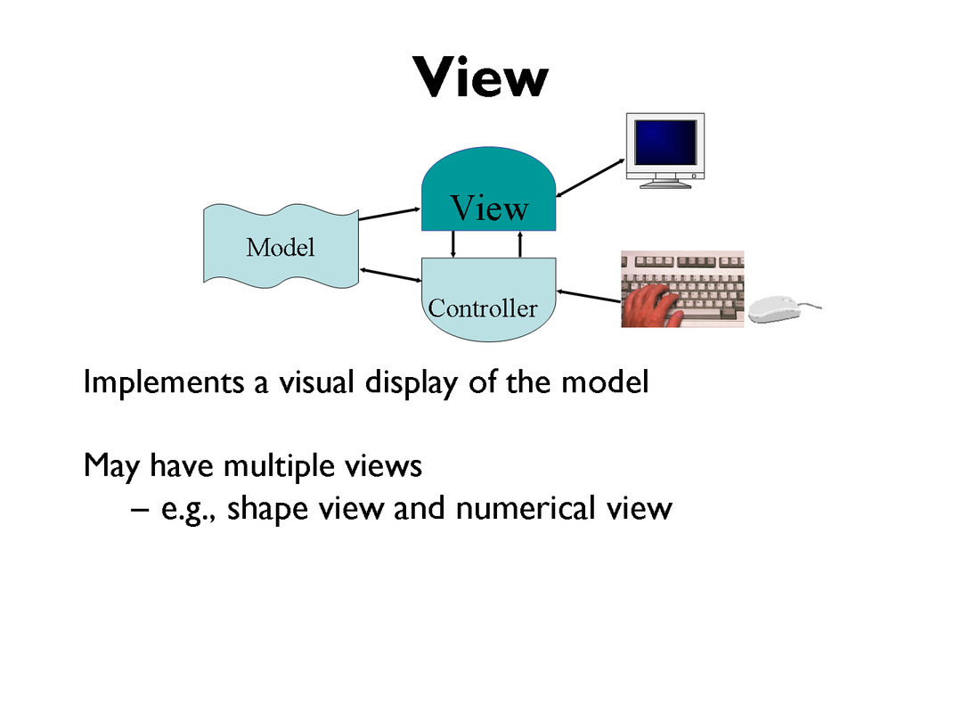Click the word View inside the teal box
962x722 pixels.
click(489, 209)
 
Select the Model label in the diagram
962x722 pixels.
click(281, 247)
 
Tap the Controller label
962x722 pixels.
click(483, 308)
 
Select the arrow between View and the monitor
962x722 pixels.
click(590, 176)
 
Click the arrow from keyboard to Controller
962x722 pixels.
click(588, 296)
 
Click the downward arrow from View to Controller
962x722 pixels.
click(454, 243)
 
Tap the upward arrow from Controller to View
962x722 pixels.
click(519, 243)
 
